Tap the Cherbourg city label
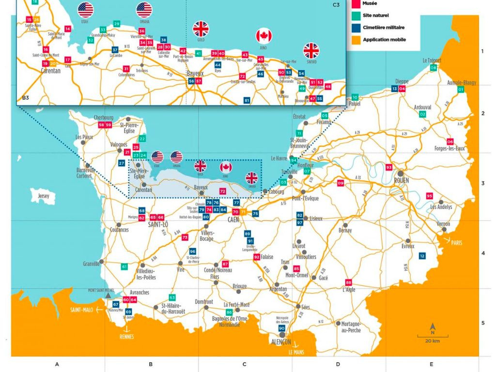[104, 117]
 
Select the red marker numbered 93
[389, 167]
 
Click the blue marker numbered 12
[422, 255]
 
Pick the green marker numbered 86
[229, 312]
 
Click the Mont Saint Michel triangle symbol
[108, 295]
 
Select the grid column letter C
[244, 364]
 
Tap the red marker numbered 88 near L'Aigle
[348, 282]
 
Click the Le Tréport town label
[432, 61]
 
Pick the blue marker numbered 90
[282, 328]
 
